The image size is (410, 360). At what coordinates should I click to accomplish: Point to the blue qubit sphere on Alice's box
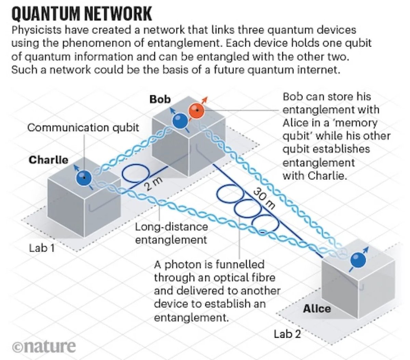coord(359,261)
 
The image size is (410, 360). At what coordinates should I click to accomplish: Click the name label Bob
coord(160,99)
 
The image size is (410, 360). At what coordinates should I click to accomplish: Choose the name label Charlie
coord(48,160)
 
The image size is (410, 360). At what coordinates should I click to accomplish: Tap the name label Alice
coord(317,309)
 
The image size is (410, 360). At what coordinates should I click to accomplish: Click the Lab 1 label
coord(42,248)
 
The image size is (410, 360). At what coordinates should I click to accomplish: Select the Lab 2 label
coord(287,334)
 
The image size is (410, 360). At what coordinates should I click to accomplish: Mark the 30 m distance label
coord(264,198)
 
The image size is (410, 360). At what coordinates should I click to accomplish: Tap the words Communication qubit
coord(83,128)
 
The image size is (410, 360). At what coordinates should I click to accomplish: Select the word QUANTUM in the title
coord(45,14)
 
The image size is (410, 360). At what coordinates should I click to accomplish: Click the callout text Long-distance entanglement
coord(171,233)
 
